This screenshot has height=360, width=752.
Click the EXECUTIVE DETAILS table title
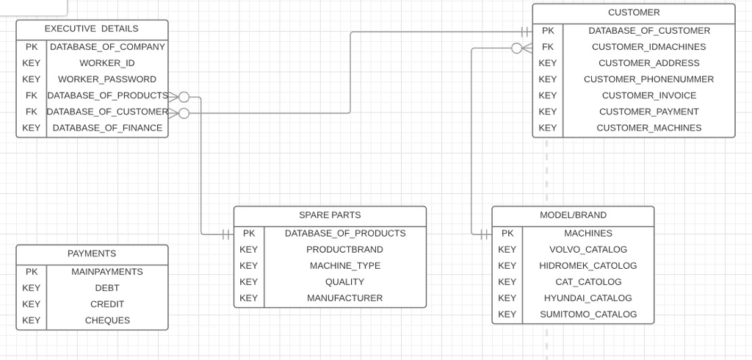pos(92,29)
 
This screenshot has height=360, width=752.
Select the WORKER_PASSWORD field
pos(107,79)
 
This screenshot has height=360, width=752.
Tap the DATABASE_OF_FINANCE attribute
pos(107,128)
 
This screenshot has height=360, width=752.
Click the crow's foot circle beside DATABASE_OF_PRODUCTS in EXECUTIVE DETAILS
pos(184,97)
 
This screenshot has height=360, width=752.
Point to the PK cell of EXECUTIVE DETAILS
pos(32,47)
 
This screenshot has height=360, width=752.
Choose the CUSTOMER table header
pos(633,12)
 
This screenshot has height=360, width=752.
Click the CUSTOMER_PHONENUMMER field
pos(648,79)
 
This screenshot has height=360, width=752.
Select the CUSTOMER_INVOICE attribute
pos(648,96)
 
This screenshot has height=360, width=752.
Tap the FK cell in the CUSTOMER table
pos(548,47)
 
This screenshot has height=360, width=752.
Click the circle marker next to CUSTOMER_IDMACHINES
pos(517,48)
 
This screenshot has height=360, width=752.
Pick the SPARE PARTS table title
pos(330,215)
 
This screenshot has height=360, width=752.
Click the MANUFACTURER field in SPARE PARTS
pos(344,298)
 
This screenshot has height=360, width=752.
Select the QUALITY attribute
pos(344,282)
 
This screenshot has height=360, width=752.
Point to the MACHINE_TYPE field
pos(344,266)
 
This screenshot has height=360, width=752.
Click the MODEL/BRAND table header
pos(573,215)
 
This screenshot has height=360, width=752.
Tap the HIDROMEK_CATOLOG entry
pos(587,266)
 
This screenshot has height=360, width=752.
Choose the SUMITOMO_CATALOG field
pos(587,314)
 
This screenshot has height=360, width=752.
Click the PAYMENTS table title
pos(92,253)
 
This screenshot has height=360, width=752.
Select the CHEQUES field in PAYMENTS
pos(107,320)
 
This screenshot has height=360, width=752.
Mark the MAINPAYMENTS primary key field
pos(107,272)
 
